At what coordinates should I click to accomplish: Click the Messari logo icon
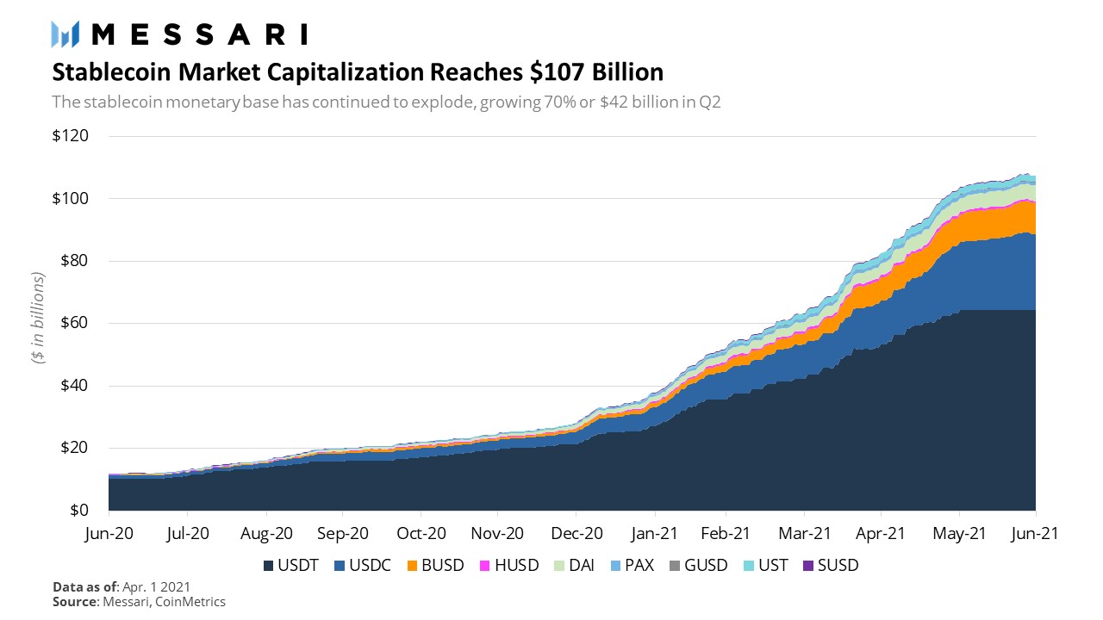point(66,34)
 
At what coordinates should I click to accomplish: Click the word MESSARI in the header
point(199,34)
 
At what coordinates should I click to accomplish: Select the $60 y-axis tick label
point(71,323)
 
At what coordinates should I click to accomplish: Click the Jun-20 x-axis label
point(109,534)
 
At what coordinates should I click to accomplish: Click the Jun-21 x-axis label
point(1035,534)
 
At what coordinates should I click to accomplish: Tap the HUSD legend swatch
point(484,566)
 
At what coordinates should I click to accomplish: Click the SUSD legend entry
point(830,566)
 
